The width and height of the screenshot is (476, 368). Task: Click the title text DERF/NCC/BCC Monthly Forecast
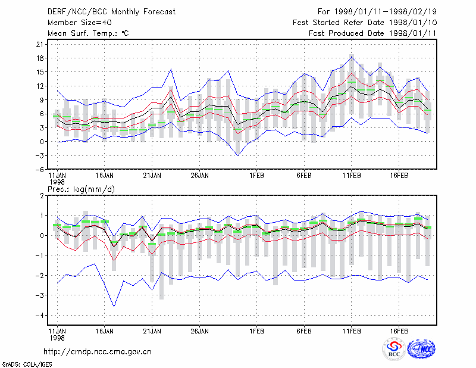coord(111,12)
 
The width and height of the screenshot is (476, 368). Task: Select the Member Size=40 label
coord(80,23)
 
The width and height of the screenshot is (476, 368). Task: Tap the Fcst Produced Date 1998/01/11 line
coord(372,33)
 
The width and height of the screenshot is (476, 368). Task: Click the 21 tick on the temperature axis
coord(40,45)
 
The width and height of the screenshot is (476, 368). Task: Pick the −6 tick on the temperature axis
coord(39,169)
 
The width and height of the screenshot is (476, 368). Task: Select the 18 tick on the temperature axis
coord(40,58)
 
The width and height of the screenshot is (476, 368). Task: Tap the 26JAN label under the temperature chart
coord(200,176)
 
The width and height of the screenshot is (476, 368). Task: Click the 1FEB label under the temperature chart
coord(257,176)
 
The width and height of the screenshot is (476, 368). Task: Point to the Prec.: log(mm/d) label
coord(81,189)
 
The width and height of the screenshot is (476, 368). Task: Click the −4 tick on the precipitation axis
coord(39,316)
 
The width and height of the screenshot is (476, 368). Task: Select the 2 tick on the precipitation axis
coord(42,195)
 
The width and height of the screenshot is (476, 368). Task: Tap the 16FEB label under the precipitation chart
coord(399,331)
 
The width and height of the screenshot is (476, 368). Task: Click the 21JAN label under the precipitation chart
coord(152,331)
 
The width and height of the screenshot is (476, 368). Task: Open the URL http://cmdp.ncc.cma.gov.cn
coord(98,352)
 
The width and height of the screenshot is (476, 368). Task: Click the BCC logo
coord(394,349)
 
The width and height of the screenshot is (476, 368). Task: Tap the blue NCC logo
coord(421,349)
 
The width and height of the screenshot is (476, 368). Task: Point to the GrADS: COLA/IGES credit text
coord(27,364)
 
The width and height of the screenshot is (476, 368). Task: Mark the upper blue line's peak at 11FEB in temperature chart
coord(352,57)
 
